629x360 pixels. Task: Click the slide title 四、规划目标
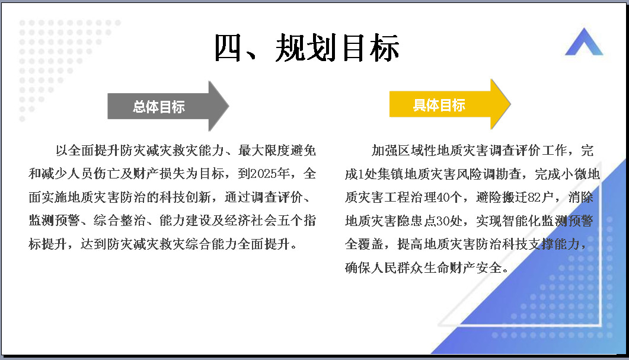pyautogui.click(x=307, y=48)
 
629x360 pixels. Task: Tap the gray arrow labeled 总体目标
pyautogui.click(x=168, y=106)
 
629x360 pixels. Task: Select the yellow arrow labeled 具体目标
pyautogui.click(x=450, y=104)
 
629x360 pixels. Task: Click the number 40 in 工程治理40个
pyautogui.click(x=443, y=197)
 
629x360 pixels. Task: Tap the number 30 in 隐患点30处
pyautogui.click(x=443, y=221)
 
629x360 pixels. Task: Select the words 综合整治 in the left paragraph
pyautogui.click(x=120, y=221)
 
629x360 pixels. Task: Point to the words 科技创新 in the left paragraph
pyautogui.click(x=185, y=197)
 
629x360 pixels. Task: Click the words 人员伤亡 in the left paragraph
pyautogui.click(x=94, y=174)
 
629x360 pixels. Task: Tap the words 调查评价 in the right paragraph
pyautogui.click(x=515, y=151)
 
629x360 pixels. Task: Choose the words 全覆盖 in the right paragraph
pyautogui.click(x=364, y=244)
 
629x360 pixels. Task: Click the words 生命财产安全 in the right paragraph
pyautogui.click(x=462, y=267)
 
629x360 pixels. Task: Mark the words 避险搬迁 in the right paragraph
pyautogui.click(x=502, y=197)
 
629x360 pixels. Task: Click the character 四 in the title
pyautogui.click(x=228, y=48)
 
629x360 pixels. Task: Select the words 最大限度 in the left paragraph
pyautogui.click(x=264, y=151)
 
